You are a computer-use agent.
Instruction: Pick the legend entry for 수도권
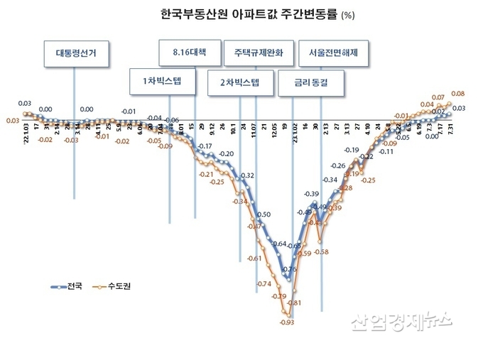[116, 286]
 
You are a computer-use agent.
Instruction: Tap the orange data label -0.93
[287, 322]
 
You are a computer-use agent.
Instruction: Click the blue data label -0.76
[289, 269]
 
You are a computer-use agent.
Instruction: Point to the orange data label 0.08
[457, 94]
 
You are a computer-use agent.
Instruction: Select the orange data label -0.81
[295, 303]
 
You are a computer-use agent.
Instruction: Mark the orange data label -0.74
[263, 284]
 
